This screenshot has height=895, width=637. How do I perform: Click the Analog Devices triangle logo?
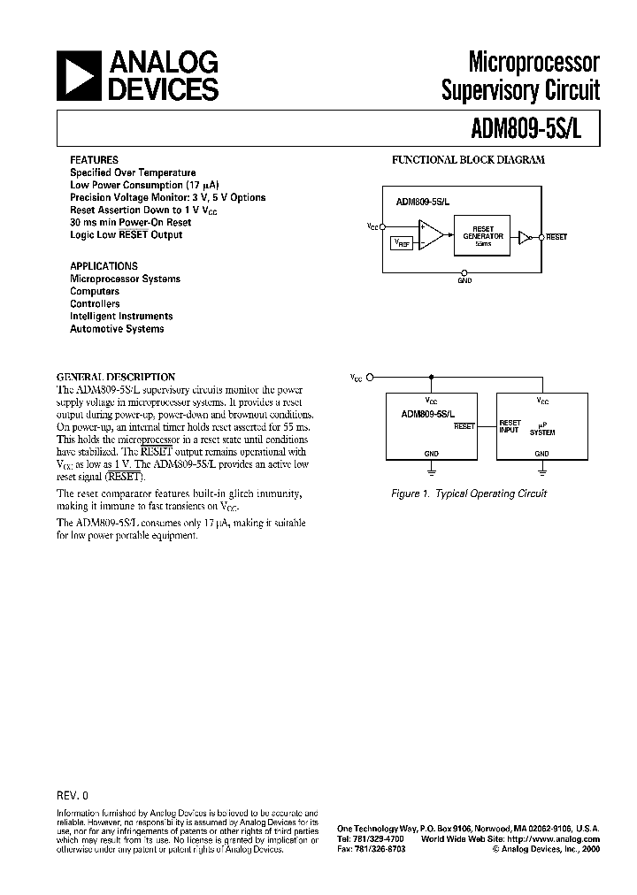[x=77, y=76]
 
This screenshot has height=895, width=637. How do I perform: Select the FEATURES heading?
[x=95, y=160]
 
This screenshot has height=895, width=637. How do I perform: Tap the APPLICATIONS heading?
[x=104, y=265]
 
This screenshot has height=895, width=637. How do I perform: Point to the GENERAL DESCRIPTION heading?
[x=116, y=376]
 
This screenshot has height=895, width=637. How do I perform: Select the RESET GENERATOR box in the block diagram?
[x=483, y=236]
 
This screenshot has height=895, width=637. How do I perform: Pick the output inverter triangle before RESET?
[x=525, y=237]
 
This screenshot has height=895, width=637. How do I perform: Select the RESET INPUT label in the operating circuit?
[x=510, y=426]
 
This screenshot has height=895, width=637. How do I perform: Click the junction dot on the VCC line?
[x=431, y=376]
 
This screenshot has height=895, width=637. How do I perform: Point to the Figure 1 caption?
[x=469, y=493]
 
